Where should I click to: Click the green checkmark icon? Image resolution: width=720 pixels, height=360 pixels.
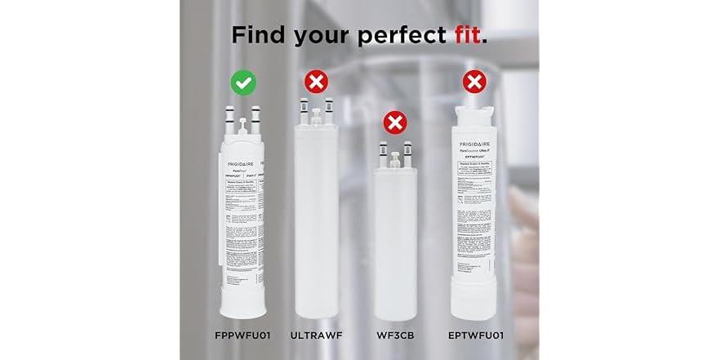tap(244, 82)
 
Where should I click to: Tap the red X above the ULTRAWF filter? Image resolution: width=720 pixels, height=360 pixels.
tap(317, 82)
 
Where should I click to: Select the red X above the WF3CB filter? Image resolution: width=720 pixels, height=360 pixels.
tap(395, 123)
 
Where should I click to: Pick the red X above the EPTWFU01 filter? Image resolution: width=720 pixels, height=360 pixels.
tap(473, 82)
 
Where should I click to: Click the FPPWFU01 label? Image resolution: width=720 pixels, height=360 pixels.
tap(242, 335)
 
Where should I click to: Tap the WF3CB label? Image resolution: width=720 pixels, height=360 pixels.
tap(394, 335)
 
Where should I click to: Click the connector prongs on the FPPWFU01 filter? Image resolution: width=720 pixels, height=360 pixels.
tap(244, 118)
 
